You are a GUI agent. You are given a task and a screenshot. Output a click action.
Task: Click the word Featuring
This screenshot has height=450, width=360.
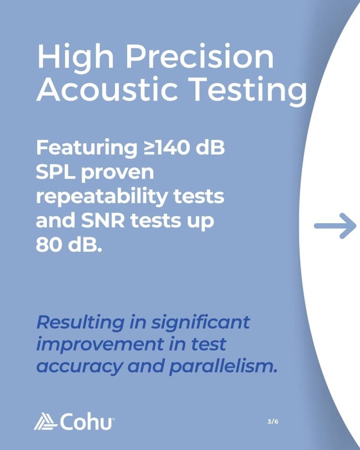[x=87, y=148]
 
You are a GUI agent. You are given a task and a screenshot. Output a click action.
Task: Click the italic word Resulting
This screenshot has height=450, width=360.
[x=81, y=322]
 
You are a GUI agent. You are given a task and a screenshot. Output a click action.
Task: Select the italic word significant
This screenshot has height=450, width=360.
[x=201, y=322]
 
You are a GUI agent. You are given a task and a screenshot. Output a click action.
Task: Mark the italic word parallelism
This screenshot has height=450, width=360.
[x=223, y=367]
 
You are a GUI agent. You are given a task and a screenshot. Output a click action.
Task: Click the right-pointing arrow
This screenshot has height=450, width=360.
[x=335, y=226]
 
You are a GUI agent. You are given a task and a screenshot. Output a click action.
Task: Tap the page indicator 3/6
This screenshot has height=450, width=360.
[x=273, y=422]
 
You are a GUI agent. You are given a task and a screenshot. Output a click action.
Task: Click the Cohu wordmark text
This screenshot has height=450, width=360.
[x=86, y=422]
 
